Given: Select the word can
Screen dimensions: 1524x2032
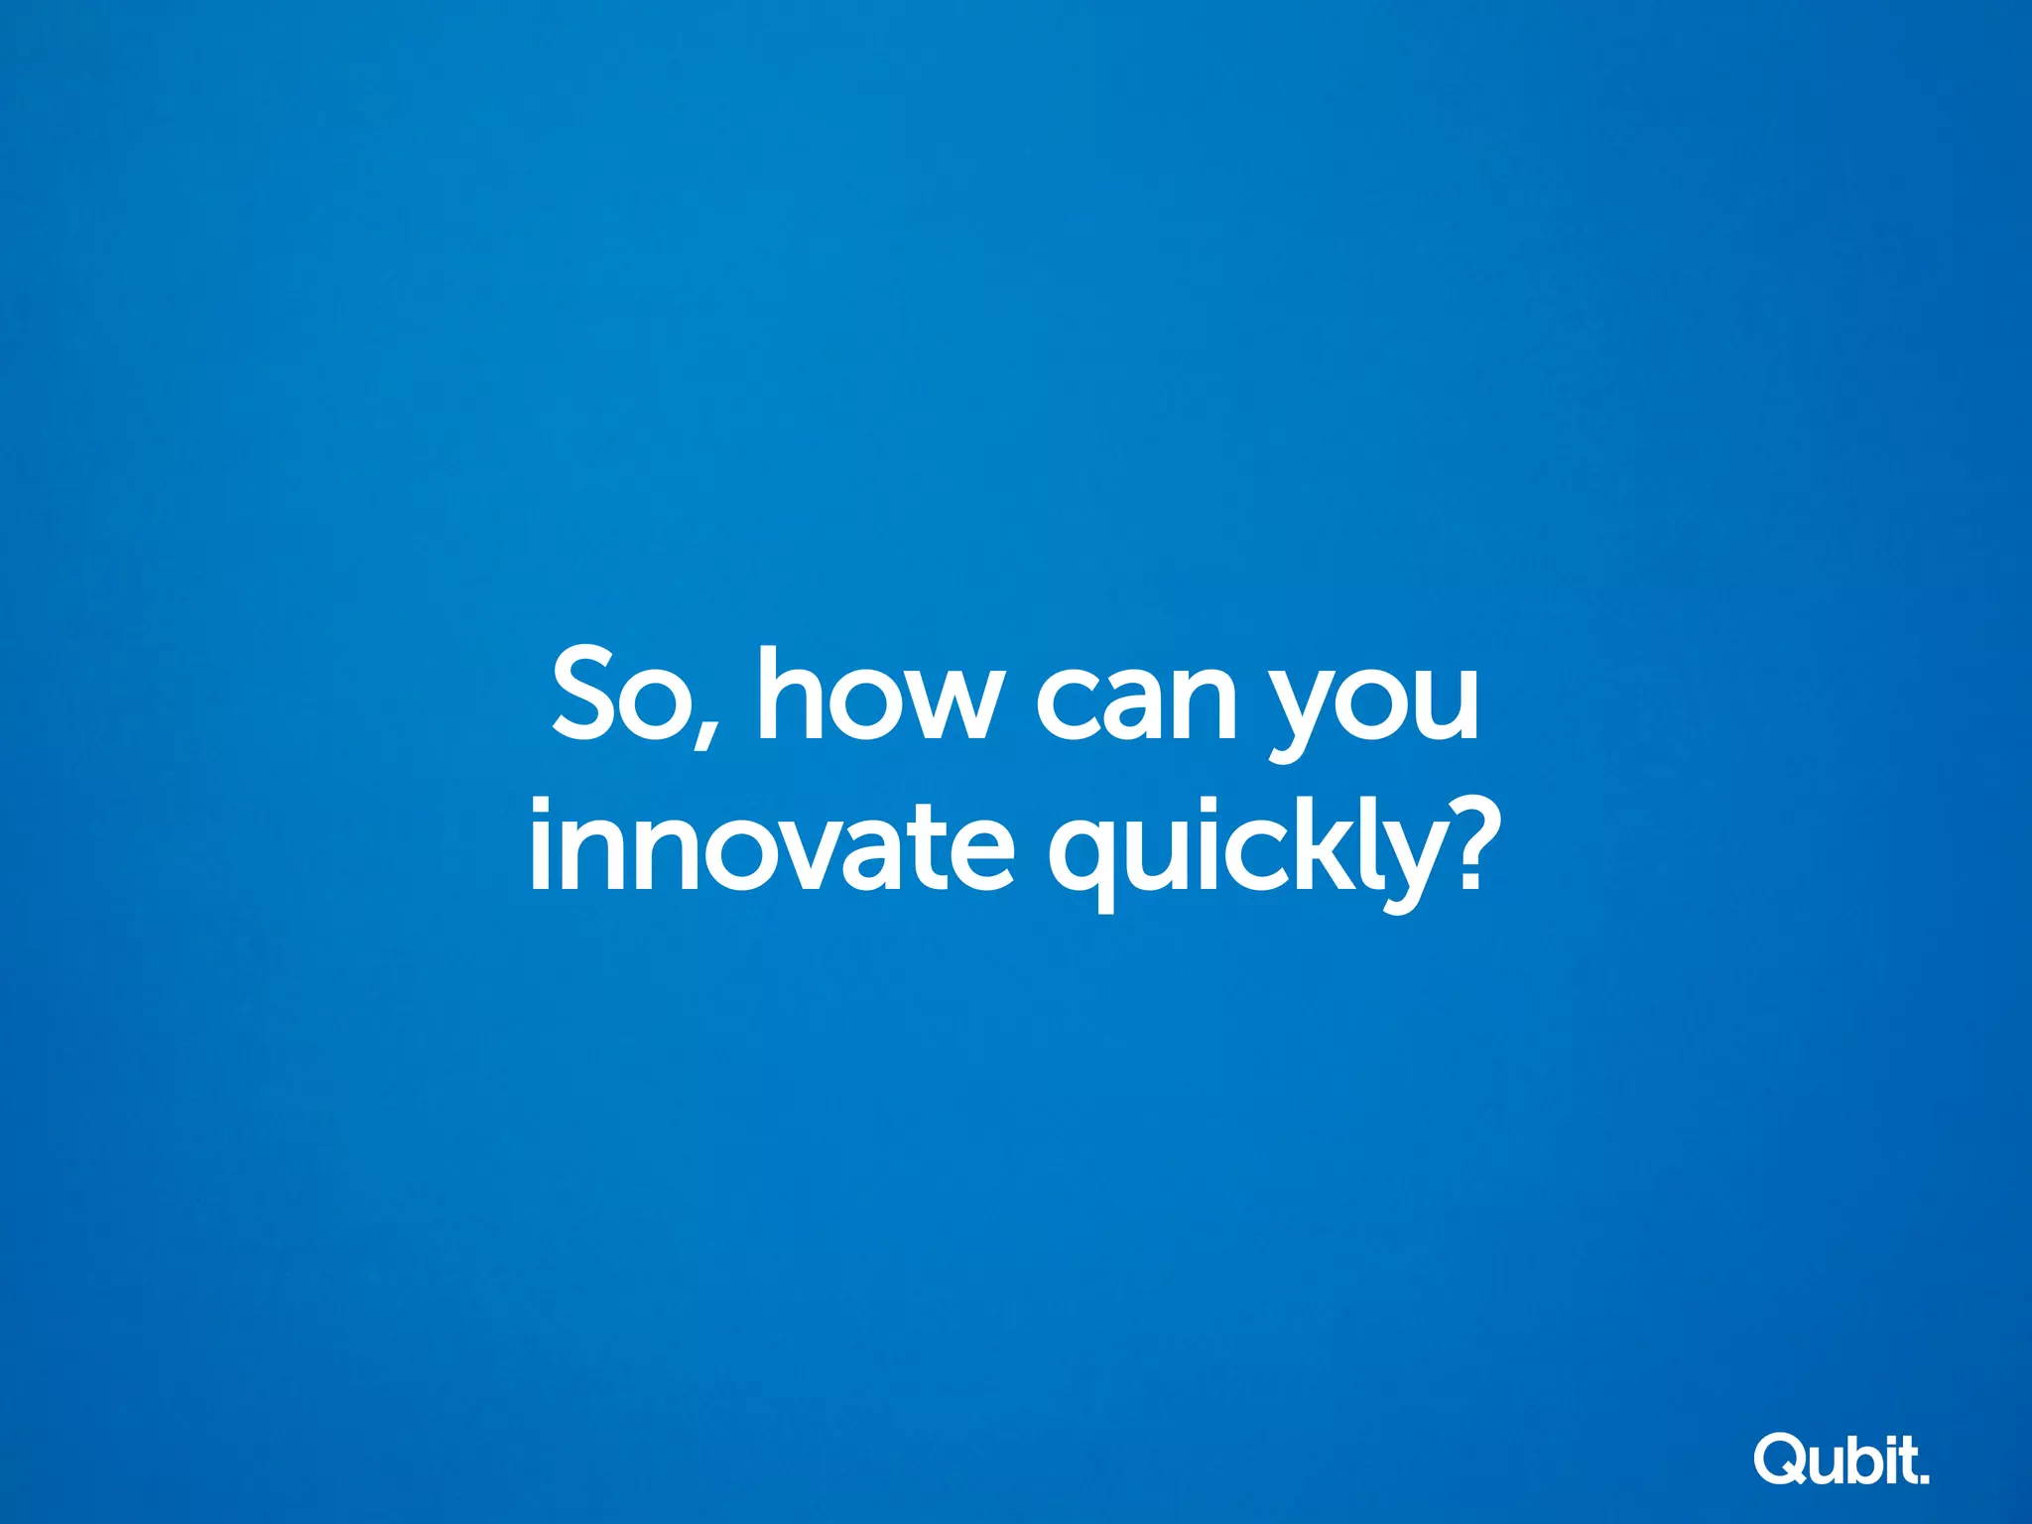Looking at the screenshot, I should (1136, 699).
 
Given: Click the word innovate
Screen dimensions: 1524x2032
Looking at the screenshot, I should (772, 847).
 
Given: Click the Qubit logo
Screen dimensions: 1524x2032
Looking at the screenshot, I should (1841, 1459).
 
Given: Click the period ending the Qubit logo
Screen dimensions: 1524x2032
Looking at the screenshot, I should (1925, 1478).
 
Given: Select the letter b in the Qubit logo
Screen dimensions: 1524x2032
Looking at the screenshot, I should (1865, 1459).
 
